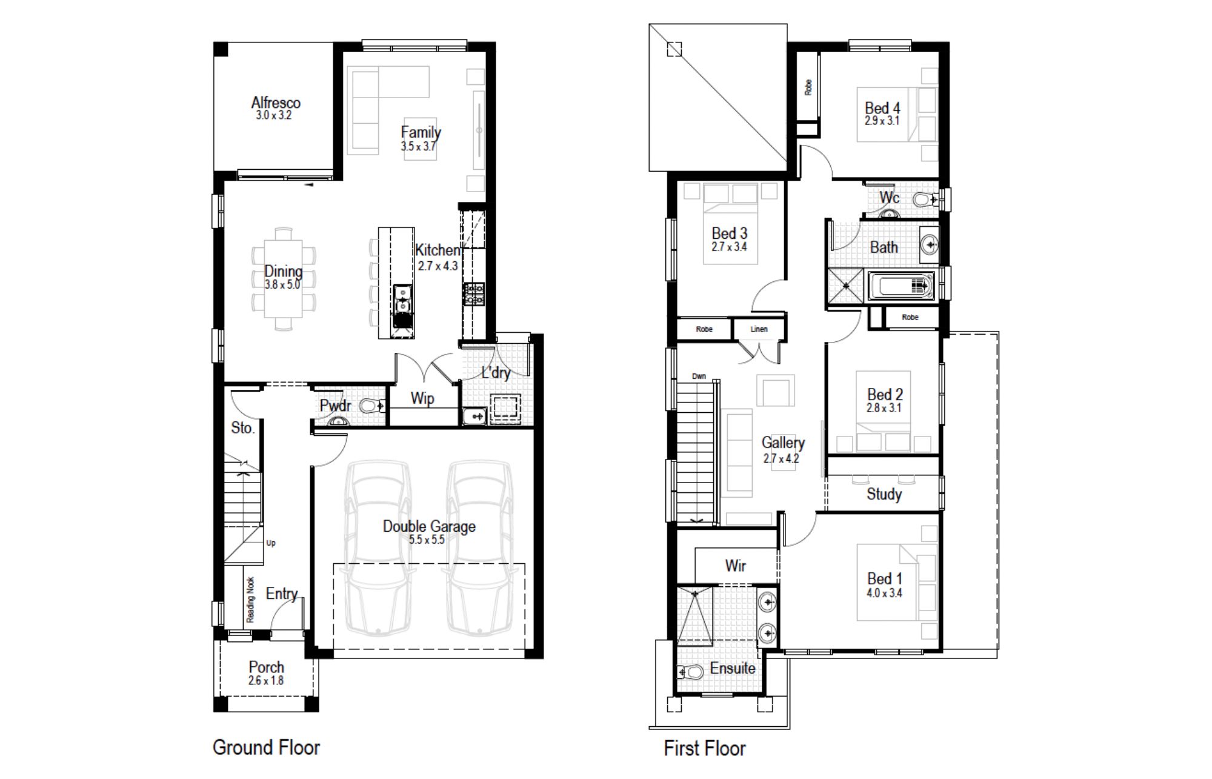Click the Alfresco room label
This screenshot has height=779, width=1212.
[276, 102]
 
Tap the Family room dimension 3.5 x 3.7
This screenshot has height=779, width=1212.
[418, 146]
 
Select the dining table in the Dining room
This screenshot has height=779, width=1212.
[283, 279]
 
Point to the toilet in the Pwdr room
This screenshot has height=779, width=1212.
[371, 406]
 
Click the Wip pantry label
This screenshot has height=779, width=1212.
[422, 398]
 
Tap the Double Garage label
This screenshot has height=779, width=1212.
[429, 526]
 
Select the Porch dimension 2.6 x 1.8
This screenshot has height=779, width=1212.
[265, 680]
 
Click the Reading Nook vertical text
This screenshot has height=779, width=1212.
[250, 600]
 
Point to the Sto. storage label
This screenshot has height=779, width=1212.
[242, 427]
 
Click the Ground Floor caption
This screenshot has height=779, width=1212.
[266, 747]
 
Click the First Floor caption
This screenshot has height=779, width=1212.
[704, 748]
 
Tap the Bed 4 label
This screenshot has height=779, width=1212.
[882, 108]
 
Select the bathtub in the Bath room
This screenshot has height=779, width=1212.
[901, 286]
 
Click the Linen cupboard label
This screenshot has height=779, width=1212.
[759, 329]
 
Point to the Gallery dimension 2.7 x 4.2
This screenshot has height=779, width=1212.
[781, 458]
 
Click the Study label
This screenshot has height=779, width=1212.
[884, 494]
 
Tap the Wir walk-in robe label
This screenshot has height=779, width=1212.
[735, 566]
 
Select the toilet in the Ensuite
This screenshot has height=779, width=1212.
[690, 672]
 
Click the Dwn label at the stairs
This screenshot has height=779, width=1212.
[699, 376]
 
